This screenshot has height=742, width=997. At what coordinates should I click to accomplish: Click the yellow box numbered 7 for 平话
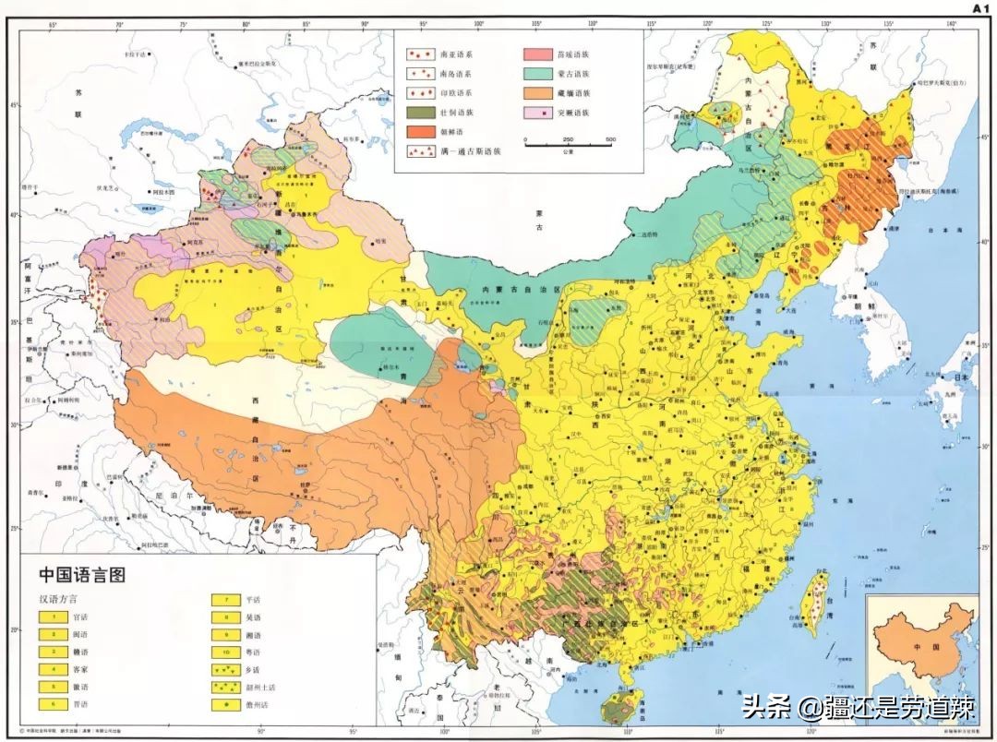225,598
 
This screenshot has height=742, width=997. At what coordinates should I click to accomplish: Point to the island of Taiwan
815,600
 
